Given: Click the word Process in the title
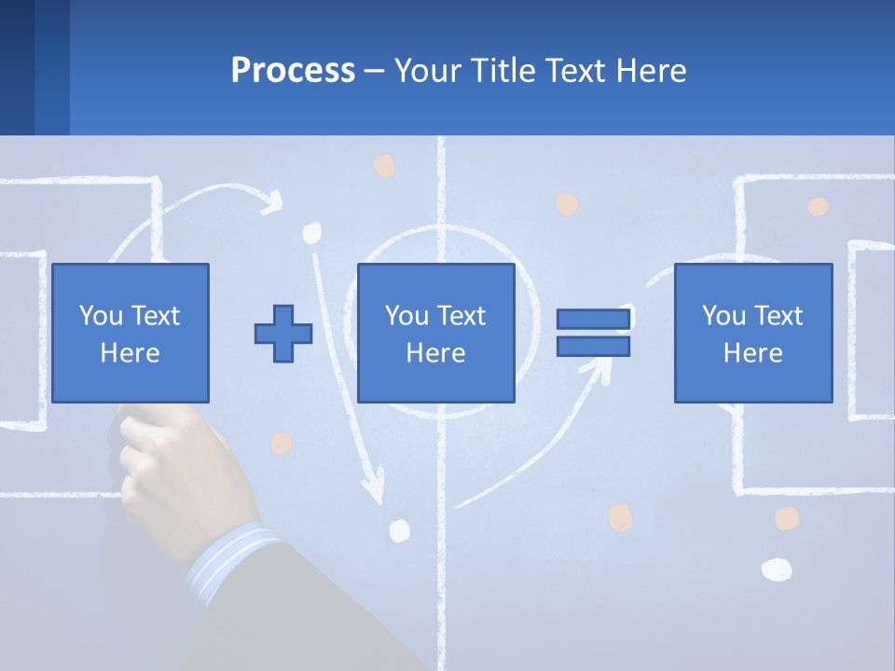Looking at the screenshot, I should [293, 70].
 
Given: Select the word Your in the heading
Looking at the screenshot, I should [428, 70].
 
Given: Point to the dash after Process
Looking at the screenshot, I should [374, 71].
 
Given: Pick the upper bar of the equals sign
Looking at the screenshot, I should [593, 320].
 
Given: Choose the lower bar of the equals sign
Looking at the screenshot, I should [593, 347].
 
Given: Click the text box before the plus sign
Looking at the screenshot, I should [130, 333].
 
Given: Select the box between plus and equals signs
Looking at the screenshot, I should [435, 333].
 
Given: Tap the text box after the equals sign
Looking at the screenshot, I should [752, 333].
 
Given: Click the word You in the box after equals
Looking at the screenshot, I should [723, 316].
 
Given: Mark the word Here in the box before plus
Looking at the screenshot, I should [130, 353].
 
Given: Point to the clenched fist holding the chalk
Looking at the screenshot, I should [177, 466].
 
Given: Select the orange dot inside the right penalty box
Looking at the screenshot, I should [818, 206].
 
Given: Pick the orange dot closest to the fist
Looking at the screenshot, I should [280, 443].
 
